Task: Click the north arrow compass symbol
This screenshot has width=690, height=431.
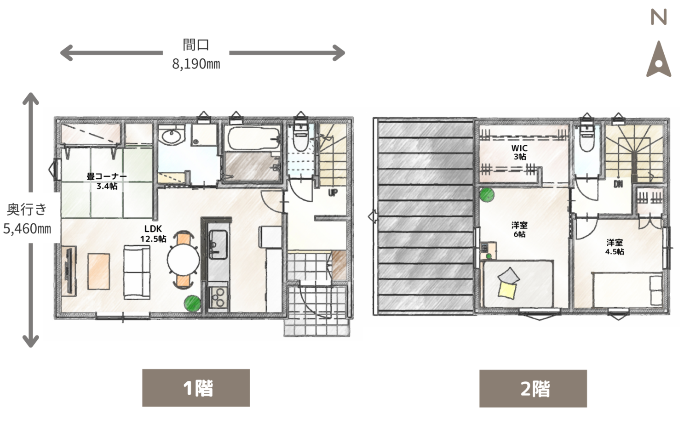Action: tap(659, 60)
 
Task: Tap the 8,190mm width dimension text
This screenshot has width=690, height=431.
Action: tap(196, 64)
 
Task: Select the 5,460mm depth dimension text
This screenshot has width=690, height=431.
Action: tap(27, 229)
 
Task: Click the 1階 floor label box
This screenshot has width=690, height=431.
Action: tap(196, 388)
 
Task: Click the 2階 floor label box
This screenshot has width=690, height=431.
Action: tap(533, 389)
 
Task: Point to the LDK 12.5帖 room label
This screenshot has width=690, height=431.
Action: tap(153, 233)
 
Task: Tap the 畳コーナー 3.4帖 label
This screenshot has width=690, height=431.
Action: tap(107, 181)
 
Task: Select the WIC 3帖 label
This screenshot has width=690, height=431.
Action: tap(519, 152)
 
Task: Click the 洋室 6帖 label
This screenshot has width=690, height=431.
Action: tap(519, 229)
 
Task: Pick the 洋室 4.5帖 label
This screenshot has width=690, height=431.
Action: tap(615, 247)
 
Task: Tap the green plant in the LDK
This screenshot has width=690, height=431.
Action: tap(192, 303)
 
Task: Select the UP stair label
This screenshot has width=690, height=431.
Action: tap(333, 193)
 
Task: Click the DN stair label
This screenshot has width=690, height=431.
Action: tap(618, 184)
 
